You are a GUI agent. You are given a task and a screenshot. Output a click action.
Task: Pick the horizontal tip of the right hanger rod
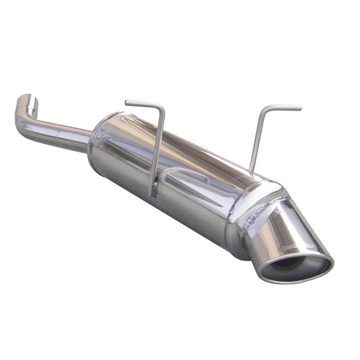288,108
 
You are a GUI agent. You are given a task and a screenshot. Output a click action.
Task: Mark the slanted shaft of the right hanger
257,139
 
